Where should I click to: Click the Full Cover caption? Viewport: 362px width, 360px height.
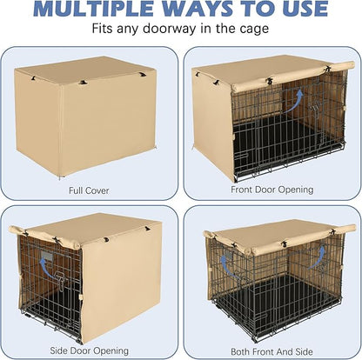click(90, 188)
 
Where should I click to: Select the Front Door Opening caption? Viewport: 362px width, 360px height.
click(271, 188)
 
